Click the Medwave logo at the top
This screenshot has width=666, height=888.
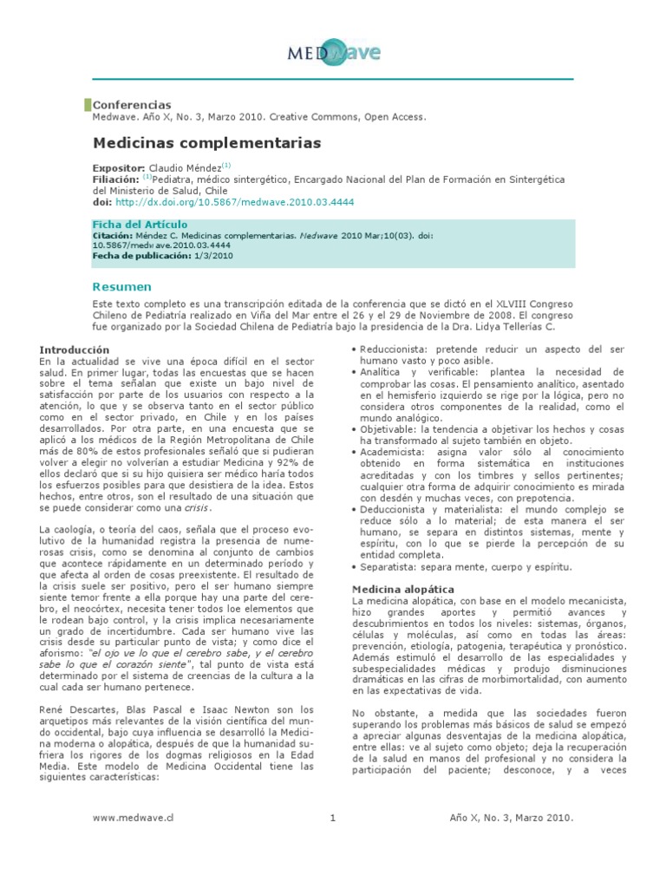click(334, 54)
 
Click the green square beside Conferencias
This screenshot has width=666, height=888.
click(88, 105)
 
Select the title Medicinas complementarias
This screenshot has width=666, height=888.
click(206, 142)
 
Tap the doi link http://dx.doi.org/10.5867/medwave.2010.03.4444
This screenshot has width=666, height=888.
click(234, 202)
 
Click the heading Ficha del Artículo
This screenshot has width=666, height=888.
click(140, 225)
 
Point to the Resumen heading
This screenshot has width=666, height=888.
click(122, 286)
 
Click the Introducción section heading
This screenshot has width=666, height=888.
click(75, 349)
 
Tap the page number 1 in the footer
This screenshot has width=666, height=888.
click(333, 818)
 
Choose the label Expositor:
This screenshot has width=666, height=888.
click(119, 167)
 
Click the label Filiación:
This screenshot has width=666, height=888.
click(116, 180)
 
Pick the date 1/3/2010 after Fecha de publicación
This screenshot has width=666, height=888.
click(213, 256)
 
